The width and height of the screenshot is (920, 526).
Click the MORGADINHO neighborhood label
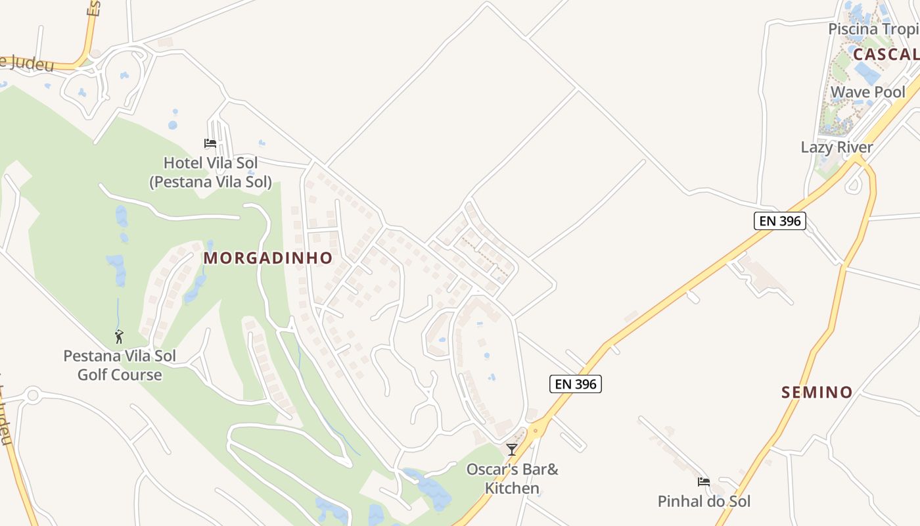(x=268, y=258)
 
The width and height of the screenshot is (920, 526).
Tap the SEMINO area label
(x=817, y=393)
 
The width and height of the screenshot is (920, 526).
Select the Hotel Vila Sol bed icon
(x=210, y=143)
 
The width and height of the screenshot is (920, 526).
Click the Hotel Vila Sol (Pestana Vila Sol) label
(x=210, y=172)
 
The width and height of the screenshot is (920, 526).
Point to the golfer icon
(x=119, y=337)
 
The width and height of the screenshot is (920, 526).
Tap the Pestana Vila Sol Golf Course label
(x=120, y=366)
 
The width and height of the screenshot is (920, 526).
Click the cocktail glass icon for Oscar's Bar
(x=512, y=449)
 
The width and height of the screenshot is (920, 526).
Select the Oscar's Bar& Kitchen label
(x=512, y=479)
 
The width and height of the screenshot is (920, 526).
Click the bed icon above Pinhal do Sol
(x=704, y=482)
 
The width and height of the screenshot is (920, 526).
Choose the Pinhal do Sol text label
(x=704, y=502)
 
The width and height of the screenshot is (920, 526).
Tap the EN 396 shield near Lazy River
(x=779, y=221)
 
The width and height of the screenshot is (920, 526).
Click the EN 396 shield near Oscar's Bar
(x=576, y=384)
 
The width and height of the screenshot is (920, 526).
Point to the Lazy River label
(x=837, y=147)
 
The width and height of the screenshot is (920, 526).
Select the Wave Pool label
(x=867, y=92)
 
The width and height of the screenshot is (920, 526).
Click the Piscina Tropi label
(x=873, y=29)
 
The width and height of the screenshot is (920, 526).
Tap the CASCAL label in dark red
(x=886, y=55)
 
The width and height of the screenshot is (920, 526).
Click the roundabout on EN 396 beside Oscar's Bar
(x=536, y=431)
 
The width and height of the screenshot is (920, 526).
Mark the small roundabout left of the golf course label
(x=32, y=395)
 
